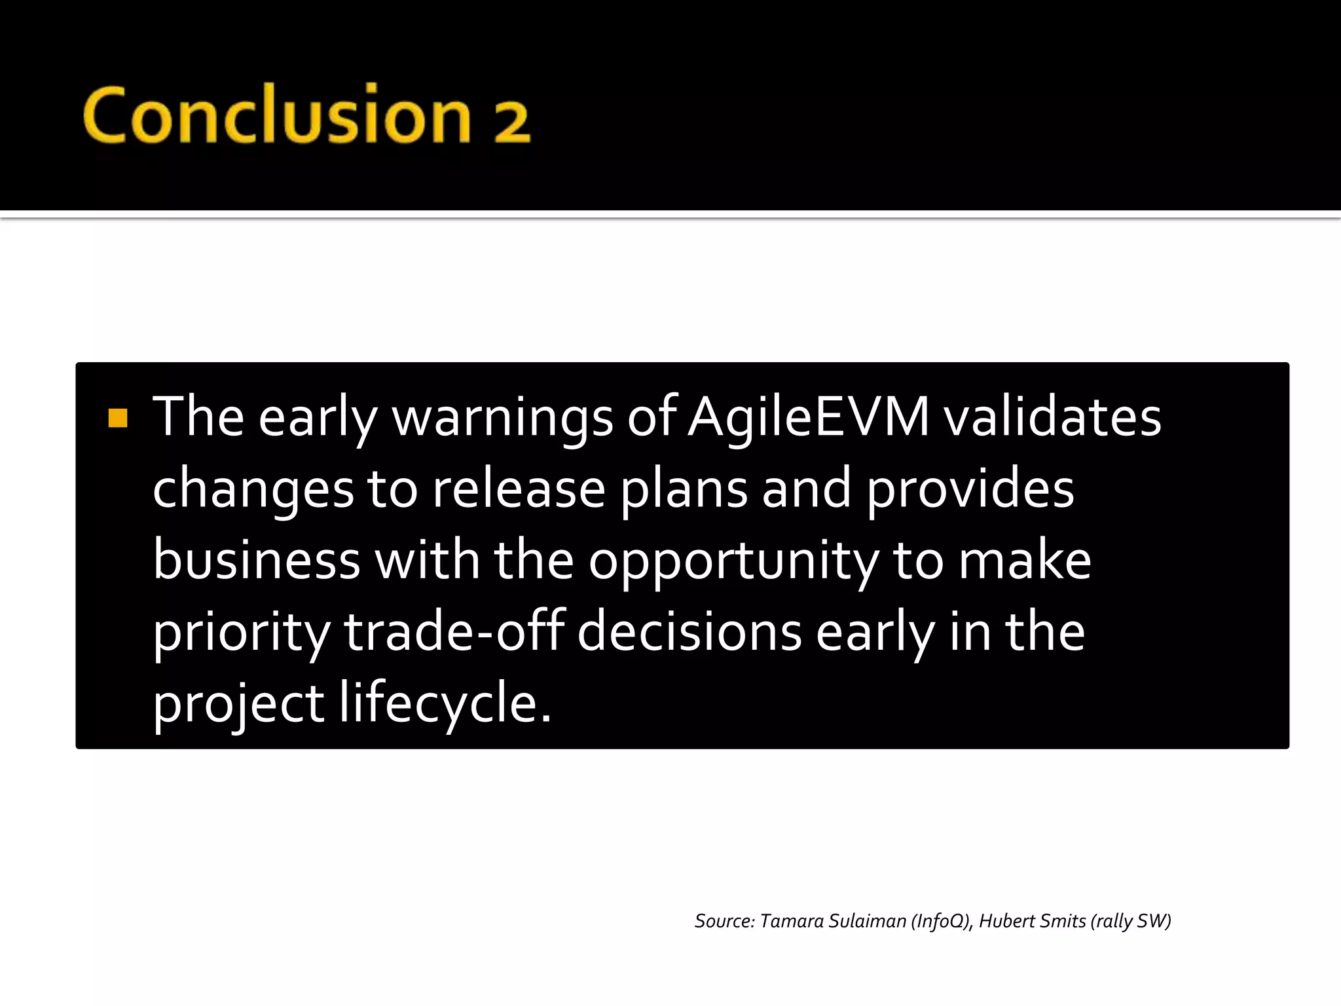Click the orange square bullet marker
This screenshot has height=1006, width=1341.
[x=118, y=417]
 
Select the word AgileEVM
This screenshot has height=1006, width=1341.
[x=809, y=417]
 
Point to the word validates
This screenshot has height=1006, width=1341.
[x=1052, y=417]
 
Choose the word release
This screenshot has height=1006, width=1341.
[x=519, y=489]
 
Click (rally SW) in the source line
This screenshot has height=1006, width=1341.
[x=1131, y=922]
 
